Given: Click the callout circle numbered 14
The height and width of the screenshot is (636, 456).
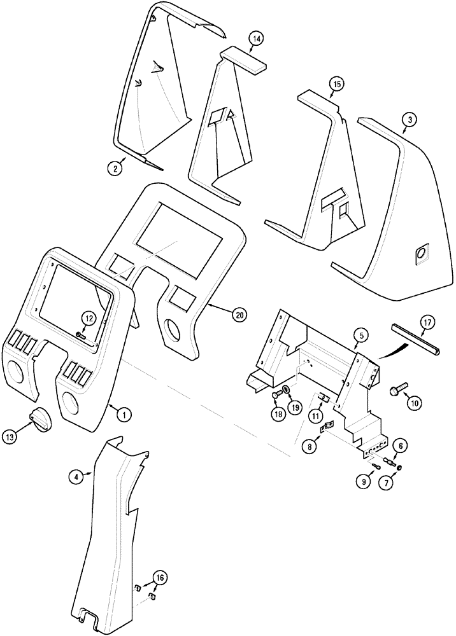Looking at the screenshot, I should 256,39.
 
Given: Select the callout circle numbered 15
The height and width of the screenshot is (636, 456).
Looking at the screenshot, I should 337,83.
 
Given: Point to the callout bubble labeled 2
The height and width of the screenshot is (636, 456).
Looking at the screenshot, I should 115,168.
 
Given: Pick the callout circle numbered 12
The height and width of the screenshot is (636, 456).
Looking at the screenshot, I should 89,317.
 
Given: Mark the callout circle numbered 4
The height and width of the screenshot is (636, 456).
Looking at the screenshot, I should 76,476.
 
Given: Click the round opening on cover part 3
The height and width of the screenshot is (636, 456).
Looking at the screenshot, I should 421,255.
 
